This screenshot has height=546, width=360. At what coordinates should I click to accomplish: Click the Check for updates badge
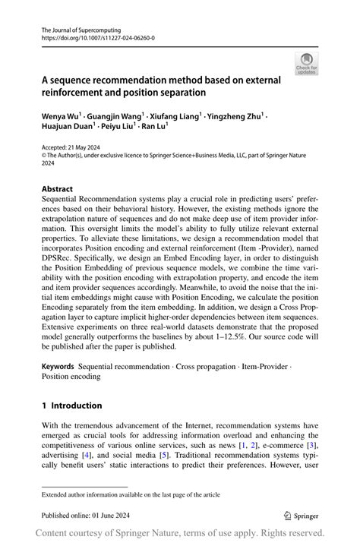click(306, 64)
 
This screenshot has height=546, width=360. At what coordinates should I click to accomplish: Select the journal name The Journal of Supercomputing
click(81, 27)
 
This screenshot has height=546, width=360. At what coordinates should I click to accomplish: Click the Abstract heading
click(57, 189)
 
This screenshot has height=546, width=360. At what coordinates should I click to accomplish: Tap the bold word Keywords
click(58, 365)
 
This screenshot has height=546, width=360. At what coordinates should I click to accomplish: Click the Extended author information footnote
click(131, 494)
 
